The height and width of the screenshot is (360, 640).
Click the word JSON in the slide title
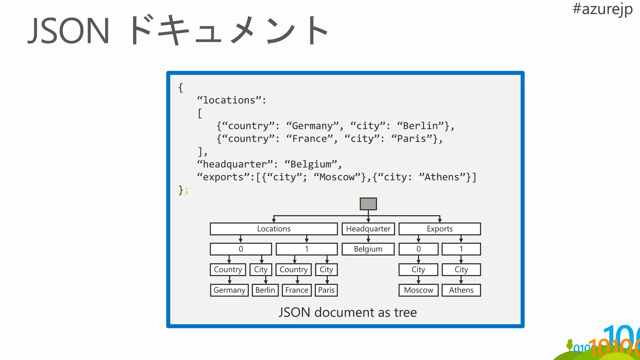click(x=69, y=31)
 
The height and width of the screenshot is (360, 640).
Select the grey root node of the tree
click(x=368, y=204)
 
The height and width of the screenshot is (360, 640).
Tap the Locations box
click(x=274, y=229)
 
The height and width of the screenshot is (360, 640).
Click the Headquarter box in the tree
click(x=368, y=229)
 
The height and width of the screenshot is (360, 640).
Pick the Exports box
click(x=439, y=229)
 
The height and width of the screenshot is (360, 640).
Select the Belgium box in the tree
click(x=368, y=249)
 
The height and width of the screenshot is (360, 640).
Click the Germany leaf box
click(x=229, y=290)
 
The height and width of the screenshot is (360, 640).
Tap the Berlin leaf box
click(x=265, y=290)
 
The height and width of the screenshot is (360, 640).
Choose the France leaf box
click(x=297, y=290)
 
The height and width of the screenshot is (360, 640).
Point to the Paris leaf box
click(x=326, y=290)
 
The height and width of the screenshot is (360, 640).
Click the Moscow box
click(x=418, y=290)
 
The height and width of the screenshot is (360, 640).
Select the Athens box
click(x=461, y=290)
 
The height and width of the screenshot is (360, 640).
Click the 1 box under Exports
click(x=461, y=249)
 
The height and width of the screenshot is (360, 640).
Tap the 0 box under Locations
click(x=241, y=249)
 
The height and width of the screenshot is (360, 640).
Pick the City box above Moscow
click(x=418, y=269)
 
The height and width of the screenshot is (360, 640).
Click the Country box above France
click(x=293, y=269)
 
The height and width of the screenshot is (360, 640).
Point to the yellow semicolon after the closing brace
click(x=187, y=190)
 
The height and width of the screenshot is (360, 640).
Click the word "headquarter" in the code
click(x=235, y=164)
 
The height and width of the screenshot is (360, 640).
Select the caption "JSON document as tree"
click(x=347, y=312)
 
